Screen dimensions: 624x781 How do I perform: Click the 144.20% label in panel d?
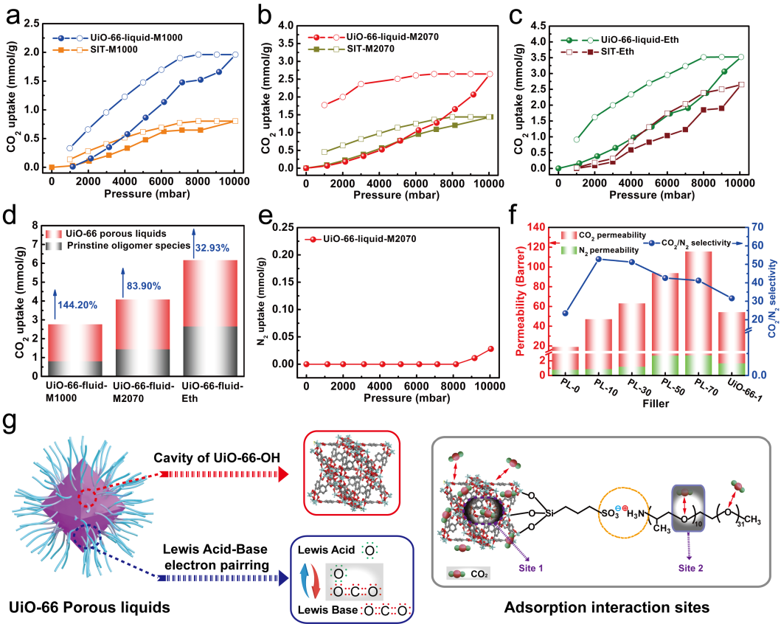click(79, 302)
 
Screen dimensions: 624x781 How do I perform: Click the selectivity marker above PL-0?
click(564, 313)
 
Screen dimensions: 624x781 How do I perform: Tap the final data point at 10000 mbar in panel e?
click(490, 348)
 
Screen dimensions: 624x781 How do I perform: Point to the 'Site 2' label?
click(688, 568)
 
